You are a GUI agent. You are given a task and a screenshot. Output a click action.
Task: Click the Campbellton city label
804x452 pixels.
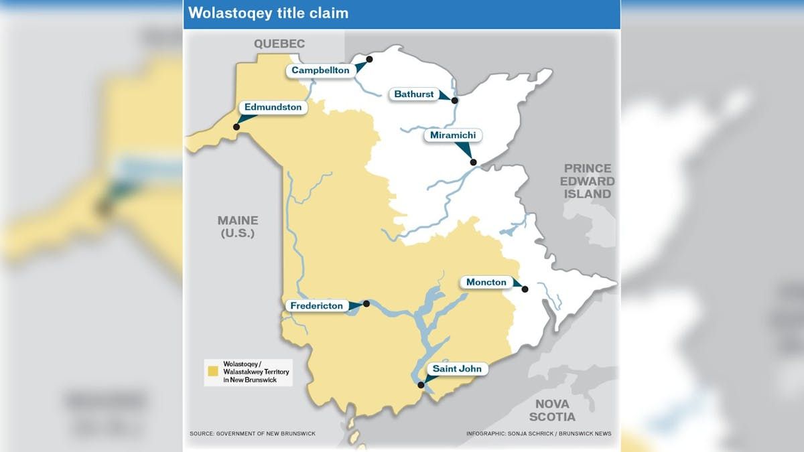[320, 70]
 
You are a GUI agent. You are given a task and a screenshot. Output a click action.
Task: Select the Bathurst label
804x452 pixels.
[413, 94]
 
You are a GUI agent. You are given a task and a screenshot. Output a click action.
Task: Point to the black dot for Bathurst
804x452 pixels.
[454, 100]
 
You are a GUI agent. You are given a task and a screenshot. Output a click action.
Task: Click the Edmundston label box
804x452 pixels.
[273, 107]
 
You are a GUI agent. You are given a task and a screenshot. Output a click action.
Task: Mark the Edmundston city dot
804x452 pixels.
[236, 127]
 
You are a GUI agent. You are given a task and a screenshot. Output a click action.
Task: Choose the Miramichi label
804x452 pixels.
[453, 135]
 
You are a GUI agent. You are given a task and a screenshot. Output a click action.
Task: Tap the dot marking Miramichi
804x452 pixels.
[473, 162]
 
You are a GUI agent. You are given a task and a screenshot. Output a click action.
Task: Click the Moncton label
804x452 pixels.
[486, 283]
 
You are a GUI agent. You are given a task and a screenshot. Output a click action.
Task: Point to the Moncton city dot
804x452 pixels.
[525, 289]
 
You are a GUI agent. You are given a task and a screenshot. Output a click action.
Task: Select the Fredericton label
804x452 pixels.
[316, 306]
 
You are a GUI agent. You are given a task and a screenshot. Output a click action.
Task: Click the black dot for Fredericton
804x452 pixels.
[366, 303]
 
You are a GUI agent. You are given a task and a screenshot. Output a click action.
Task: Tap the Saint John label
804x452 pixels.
[456, 369]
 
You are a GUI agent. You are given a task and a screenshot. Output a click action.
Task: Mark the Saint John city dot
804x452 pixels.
[421, 385]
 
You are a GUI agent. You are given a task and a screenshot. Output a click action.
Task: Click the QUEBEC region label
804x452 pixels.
[279, 44]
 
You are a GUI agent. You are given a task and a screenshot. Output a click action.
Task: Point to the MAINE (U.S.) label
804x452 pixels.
[237, 227]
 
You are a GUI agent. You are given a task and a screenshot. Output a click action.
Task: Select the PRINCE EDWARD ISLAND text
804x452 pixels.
[587, 181]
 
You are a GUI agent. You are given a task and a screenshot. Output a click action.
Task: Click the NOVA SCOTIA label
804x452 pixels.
[551, 410]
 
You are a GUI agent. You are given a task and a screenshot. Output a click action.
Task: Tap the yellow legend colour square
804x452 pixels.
[213, 370]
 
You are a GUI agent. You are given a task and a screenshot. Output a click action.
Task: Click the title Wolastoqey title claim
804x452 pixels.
[268, 13]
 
